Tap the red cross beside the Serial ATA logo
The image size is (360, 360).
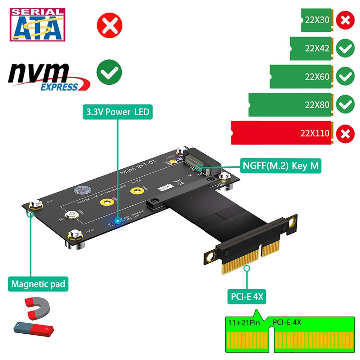click(109, 25)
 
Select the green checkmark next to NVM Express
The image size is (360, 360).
click(109, 72)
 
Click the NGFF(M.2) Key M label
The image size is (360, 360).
click(280, 165)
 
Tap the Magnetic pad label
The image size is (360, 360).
click(38, 284)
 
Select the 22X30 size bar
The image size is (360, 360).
click(316, 20)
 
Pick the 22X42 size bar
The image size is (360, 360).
click(310, 48)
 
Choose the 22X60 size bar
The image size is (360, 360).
click(301, 76)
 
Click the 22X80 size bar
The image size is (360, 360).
click(290, 104)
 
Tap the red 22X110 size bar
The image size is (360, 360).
click(281, 133)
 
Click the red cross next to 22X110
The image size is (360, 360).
click(345, 134)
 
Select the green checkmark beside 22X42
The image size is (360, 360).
click(345, 49)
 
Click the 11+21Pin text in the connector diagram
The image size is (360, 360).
click(244, 322)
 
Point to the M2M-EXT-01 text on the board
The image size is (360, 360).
click(138, 168)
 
